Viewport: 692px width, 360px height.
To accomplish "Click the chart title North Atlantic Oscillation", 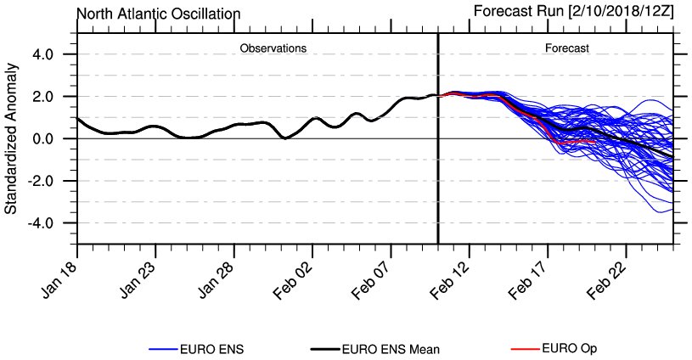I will pyautogui.click(x=158, y=14).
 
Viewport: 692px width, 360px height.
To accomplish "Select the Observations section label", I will pyautogui.click(x=273, y=48).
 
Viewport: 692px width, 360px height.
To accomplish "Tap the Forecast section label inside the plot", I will pyautogui.click(x=566, y=48).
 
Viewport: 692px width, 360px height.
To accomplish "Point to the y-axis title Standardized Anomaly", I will pyautogui.click(x=12, y=138).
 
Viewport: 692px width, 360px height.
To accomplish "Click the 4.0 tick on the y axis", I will pyautogui.click(x=42, y=54).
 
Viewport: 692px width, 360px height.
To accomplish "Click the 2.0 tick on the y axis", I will pyautogui.click(x=42, y=97).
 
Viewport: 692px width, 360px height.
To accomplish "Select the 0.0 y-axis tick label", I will pyautogui.click(x=42, y=138).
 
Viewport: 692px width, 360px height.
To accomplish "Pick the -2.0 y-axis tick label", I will pyautogui.click(x=39, y=181).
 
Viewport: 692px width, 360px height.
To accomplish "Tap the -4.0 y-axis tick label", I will pyautogui.click(x=39, y=222).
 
